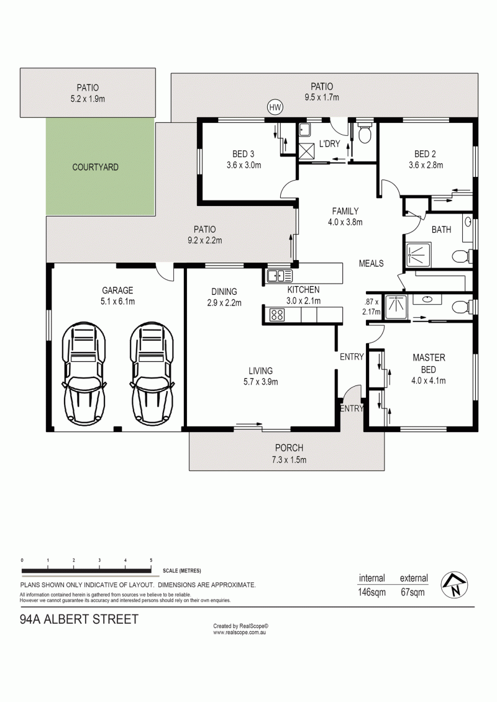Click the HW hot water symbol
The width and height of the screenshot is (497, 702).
(275, 107)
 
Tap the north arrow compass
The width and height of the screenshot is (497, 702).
(454, 585)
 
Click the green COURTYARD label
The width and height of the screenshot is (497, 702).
(96, 168)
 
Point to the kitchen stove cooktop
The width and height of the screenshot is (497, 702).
(276, 315)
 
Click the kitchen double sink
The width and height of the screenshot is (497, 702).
(280, 276)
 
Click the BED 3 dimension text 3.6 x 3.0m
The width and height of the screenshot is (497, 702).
(244, 165)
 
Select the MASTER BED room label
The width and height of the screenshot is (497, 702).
(429, 364)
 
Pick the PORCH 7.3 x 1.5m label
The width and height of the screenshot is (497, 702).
(289, 454)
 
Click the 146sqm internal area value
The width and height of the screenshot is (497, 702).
(372, 592)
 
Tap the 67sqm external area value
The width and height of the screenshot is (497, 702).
(413, 592)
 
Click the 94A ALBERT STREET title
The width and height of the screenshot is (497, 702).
(80, 619)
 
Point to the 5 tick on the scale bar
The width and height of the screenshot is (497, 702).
(151, 560)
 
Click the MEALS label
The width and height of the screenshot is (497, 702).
(371, 263)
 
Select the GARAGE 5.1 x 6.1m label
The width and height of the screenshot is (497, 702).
(117, 296)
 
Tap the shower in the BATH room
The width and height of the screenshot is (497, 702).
(419, 254)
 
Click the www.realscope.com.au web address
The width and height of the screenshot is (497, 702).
(239, 632)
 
